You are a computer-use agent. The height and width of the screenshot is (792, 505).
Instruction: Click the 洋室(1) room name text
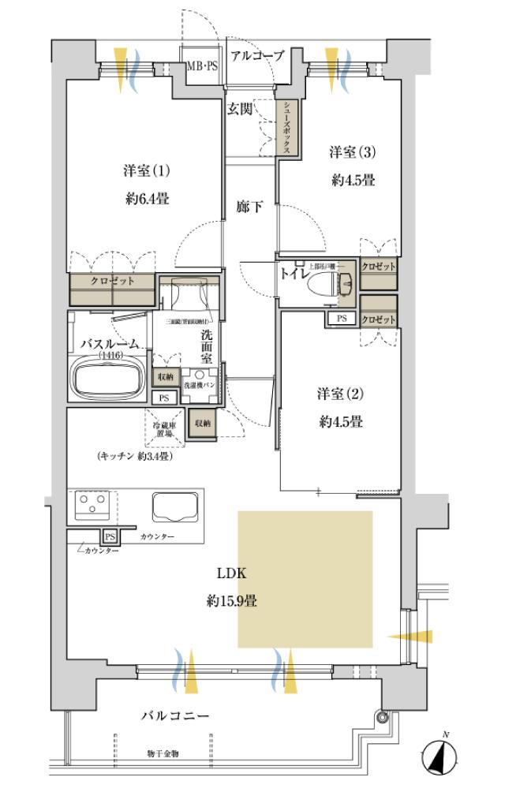click(x=148, y=170)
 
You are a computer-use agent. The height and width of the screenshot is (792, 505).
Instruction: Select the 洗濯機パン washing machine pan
click(x=199, y=386)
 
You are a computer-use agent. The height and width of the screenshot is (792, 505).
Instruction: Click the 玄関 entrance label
click(x=241, y=109)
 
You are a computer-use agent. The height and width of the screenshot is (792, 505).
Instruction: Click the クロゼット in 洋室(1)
click(x=112, y=289)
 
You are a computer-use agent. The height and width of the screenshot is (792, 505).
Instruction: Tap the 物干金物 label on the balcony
click(x=163, y=754)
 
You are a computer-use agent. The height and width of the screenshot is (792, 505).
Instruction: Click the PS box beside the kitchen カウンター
click(x=110, y=536)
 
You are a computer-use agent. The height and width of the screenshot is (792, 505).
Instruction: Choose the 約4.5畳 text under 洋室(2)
click(x=341, y=422)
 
